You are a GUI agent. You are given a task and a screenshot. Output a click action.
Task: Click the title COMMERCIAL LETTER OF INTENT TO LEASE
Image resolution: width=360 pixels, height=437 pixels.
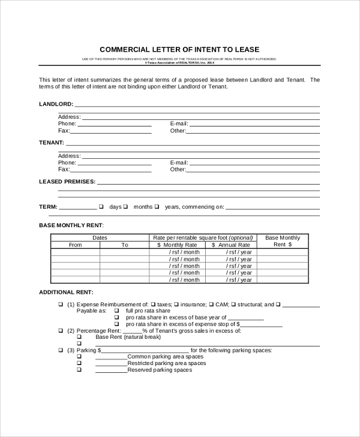179,49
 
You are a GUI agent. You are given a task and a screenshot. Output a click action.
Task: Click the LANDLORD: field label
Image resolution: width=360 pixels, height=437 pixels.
56,104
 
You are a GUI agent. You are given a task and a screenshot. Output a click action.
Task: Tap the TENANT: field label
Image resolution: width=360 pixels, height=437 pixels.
52,143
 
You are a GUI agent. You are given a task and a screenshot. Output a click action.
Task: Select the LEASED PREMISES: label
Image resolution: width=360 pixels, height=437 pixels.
67,181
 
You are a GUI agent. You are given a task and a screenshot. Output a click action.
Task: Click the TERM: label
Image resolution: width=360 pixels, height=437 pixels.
48,207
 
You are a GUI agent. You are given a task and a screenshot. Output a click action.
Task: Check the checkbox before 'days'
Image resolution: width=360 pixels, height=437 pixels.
101,207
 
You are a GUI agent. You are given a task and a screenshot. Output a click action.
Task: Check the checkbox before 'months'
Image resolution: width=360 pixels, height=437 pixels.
126,207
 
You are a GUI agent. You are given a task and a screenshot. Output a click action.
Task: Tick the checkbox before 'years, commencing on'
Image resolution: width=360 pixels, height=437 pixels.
157,207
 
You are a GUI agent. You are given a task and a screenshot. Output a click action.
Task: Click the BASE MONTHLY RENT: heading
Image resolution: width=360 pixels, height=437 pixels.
71,225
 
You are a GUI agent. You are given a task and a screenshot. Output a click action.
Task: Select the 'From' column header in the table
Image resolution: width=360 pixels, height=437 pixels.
75,245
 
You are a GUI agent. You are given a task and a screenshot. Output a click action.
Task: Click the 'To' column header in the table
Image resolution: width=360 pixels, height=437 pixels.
125,245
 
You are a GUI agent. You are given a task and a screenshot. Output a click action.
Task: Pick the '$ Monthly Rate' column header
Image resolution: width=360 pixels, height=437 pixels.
177,245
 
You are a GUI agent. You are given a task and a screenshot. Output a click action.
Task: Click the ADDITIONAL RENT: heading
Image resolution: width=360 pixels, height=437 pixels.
66,292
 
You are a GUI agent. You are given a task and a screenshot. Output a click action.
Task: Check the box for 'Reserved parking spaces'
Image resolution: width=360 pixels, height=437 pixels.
79,370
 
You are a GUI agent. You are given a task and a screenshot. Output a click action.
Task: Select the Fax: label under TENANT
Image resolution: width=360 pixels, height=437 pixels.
64,169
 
